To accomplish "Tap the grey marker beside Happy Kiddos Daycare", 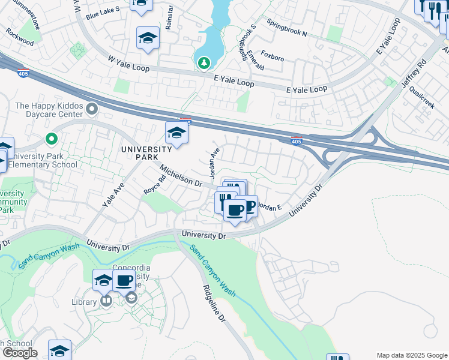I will coord(92,109).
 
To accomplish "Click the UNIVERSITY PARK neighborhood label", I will coord(146,153).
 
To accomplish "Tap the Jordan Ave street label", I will coord(214,163).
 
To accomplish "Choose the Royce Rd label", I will coord(155,184).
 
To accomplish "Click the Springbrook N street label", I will coord(287,31).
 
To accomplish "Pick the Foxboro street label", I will coord(273,58).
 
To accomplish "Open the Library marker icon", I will coord(106,300).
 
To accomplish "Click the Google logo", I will coord(20,353).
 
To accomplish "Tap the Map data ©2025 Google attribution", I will coord(411,355).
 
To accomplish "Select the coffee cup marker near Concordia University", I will coord(124,280).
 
